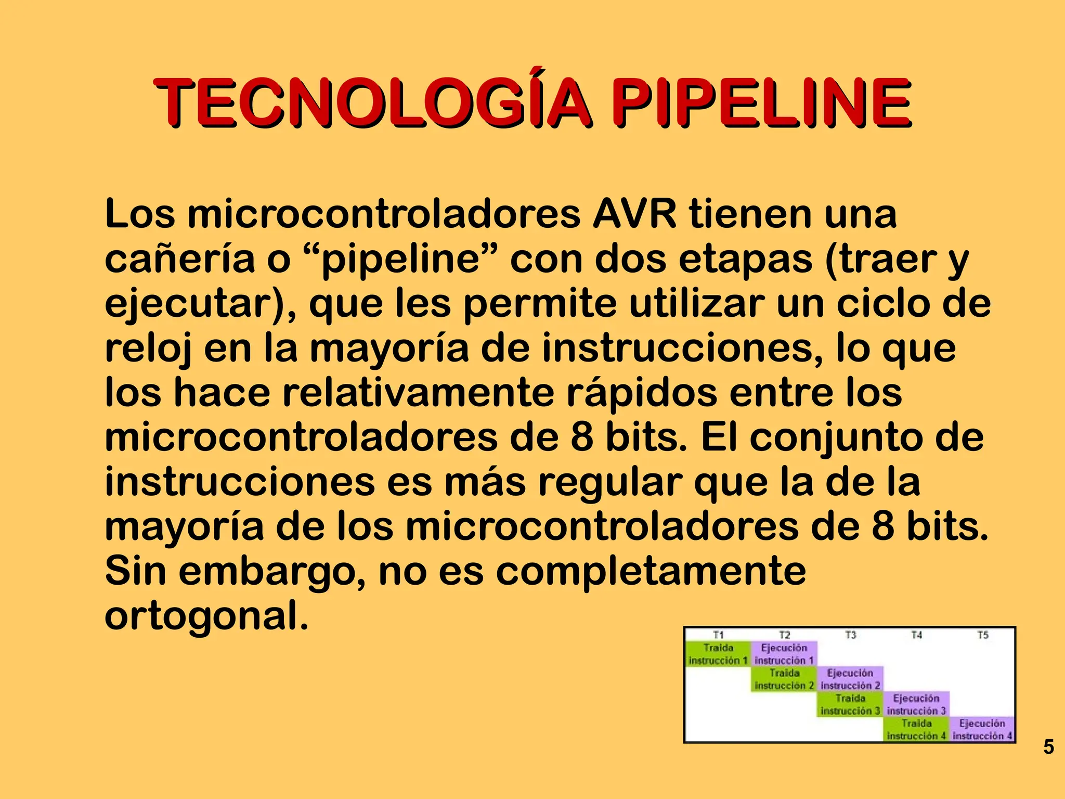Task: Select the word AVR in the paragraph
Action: pos(634,214)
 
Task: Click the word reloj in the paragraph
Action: pos(148,349)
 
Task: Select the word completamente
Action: pos(651,571)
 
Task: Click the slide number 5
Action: pos(1048,747)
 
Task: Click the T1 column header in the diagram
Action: pos(718,635)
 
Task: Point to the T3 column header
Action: pos(850,635)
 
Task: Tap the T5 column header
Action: pos(982,635)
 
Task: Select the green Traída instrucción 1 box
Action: pos(718,654)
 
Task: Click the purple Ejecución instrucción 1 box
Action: pos(784,654)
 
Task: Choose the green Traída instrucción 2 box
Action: pos(784,679)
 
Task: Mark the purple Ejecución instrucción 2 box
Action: pos(850,679)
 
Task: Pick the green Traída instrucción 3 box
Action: pos(850,704)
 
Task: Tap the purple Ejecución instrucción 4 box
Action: pos(982,729)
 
